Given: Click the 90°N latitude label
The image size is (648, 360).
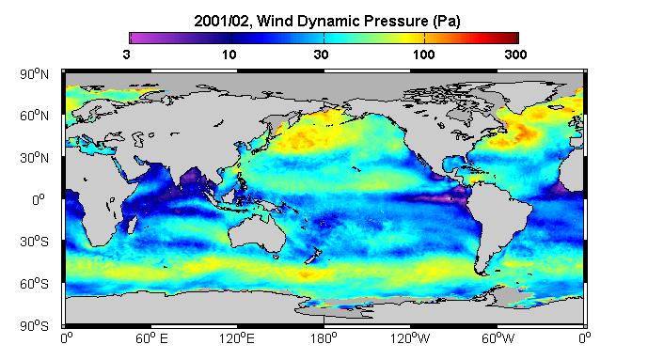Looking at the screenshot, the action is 34,74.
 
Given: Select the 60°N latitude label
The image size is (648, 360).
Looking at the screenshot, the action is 34,116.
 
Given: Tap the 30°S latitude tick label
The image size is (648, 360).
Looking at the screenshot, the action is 34,242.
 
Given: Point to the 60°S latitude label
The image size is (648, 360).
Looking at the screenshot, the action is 34,284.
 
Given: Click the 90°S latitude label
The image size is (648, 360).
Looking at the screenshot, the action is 34,326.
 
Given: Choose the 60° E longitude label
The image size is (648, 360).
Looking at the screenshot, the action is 151,339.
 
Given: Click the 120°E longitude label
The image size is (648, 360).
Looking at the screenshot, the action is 237,339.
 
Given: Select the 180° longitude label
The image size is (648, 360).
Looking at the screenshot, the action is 324,339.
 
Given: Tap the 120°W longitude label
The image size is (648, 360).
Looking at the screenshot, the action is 410,339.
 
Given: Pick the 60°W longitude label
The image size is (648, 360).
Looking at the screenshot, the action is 498,339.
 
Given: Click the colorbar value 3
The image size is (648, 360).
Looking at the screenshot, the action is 126,55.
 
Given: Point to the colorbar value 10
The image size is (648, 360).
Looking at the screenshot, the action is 229,55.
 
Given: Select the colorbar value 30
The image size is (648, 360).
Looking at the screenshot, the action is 321,55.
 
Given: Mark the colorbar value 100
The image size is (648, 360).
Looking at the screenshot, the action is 424,55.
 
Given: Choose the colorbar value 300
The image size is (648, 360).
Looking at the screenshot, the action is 515,55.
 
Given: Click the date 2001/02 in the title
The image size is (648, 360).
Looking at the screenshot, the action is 222,21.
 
